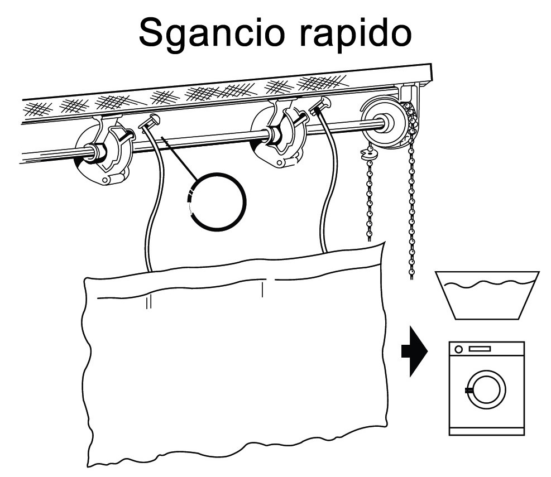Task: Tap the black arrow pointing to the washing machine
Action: coord(414,351)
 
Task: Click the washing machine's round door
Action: coord(486,389)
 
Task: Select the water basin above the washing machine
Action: coord(487,295)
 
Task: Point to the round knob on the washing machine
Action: coord(458,349)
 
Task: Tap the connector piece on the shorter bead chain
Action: coord(367,153)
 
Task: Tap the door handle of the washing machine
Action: coord(468,390)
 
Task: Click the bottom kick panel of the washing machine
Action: coord(487,431)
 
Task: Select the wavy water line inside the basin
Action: coord(488,283)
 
